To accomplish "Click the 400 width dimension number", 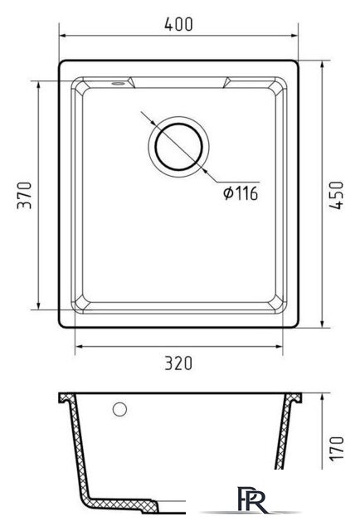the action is (x=178, y=24).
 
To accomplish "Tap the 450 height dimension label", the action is (x=336, y=195).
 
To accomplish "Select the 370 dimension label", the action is (x=24, y=196).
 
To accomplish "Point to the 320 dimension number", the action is (x=178, y=363).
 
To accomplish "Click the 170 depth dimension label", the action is (x=337, y=448).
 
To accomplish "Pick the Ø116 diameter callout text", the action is (x=241, y=193).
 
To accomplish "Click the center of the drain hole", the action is (x=179, y=147).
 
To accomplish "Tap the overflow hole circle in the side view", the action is (x=119, y=409).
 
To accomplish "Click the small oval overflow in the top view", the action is (x=118, y=83).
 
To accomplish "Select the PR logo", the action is (x=252, y=499).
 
